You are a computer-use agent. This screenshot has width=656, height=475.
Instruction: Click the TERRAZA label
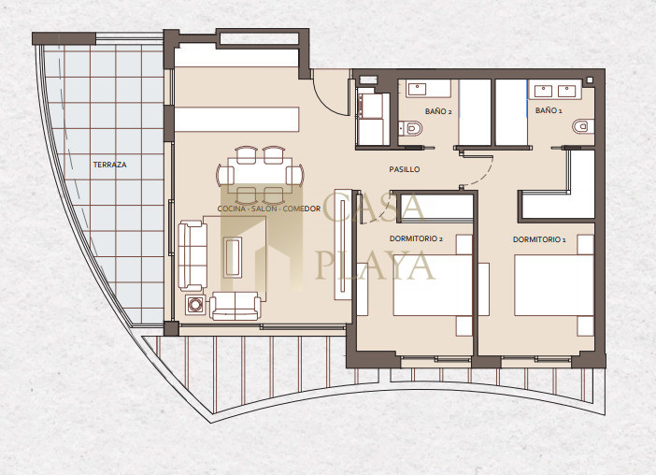click(x=109, y=165)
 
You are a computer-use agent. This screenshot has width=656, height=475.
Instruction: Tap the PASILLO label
click(x=404, y=169)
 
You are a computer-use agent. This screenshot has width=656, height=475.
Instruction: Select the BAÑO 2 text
click(x=438, y=112)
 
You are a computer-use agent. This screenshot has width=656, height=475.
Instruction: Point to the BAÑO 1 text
click(x=549, y=110)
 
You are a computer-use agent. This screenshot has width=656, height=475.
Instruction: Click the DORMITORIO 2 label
click(x=416, y=239)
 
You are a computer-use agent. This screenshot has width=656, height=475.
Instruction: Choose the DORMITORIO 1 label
click(x=539, y=239)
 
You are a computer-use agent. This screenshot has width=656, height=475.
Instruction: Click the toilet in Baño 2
click(x=410, y=128)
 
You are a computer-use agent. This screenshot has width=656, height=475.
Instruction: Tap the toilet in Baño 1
click(x=583, y=126)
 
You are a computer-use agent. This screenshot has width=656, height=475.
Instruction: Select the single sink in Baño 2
click(x=417, y=89)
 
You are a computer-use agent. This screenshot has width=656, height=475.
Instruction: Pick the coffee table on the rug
click(x=233, y=257)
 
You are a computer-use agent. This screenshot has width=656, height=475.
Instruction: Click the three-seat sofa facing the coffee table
click(x=193, y=255)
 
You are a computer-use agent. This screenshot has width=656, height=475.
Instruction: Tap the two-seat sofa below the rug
click(x=235, y=306)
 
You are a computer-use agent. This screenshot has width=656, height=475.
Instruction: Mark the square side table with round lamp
click(x=195, y=305)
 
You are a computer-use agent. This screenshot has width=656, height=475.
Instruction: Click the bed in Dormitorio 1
click(x=554, y=285)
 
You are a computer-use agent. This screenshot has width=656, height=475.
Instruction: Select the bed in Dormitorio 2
click(x=433, y=285)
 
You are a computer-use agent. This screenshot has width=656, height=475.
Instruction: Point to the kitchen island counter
click(x=236, y=120)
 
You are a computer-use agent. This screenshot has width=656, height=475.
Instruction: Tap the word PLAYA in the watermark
click(x=375, y=265)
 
